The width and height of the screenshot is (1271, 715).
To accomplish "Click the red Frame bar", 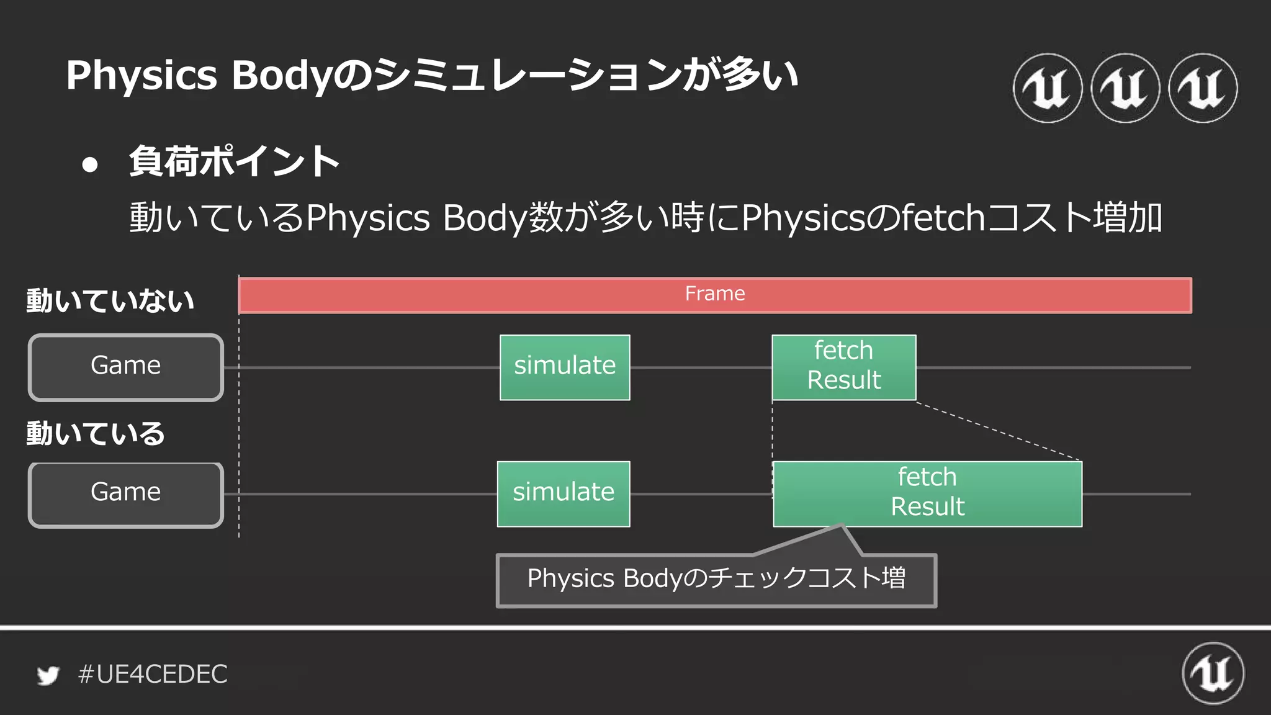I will [x=715, y=295].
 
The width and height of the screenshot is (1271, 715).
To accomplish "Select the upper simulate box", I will [x=565, y=367].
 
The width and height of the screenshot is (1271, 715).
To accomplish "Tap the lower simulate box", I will [x=564, y=494].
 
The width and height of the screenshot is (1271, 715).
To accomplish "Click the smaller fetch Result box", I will [x=844, y=367].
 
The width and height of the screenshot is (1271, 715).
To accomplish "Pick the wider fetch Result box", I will [x=927, y=494].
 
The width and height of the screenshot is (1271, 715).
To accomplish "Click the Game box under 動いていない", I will [x=126, y=367].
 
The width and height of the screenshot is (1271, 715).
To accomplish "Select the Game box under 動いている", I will [x=126, y=495].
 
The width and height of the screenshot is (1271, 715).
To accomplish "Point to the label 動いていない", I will [x=110, y=301].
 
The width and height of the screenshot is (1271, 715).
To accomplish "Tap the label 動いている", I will [x=96, y=433].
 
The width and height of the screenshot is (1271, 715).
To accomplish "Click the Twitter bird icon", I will [x=48, y=675].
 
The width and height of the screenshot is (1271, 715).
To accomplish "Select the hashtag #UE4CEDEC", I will [x=153, y=674].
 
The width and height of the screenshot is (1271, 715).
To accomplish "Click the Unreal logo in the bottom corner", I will [x=1213, y=673].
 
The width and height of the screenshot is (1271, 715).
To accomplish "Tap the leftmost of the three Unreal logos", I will [x=1048, y=88].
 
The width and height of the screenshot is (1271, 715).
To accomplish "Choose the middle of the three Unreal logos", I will [x=1125, y=88].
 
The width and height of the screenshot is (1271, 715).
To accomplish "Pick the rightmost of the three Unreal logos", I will [x=1203, y=88].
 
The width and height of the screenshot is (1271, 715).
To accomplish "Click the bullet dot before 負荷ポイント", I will [x=90, y=164].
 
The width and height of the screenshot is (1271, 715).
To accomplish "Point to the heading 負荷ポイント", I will [x=235, y=161].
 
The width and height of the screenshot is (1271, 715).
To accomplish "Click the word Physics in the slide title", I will [x=141, y=76].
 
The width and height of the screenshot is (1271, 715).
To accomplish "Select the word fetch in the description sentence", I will [x=943, y=218].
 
